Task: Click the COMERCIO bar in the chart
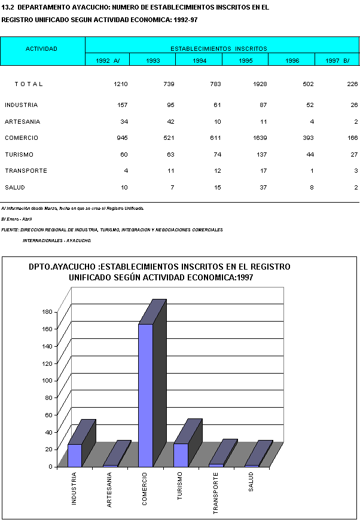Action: point(145,395)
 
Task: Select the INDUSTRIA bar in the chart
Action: point(75,455)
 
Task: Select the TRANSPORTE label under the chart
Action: point(216,494)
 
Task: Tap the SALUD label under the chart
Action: point(251,482)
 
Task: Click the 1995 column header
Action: point(246,60)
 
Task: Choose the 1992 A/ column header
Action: point(108,60)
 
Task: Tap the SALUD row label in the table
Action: point(16,188)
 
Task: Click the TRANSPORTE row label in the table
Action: point(26,171)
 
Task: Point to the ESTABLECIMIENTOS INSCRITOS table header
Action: point(219,48)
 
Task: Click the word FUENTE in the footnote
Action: point(10,230)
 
